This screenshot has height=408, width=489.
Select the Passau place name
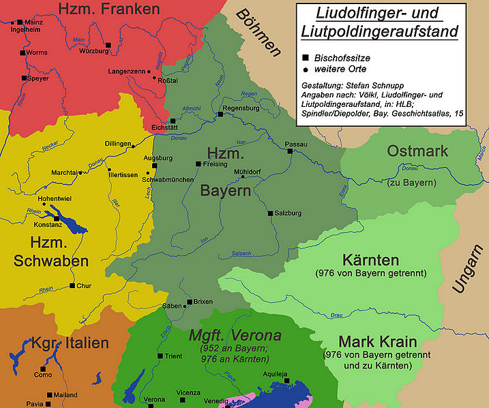(295, 144)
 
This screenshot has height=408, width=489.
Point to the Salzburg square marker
(270, 213)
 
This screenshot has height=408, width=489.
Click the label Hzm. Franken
(109, 10)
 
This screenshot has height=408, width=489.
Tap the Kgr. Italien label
(70, 343)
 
